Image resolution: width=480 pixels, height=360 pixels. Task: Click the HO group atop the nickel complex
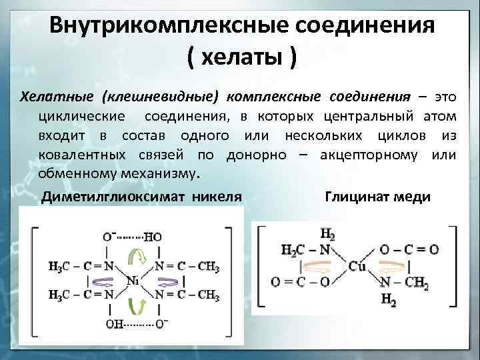click(152, 237)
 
